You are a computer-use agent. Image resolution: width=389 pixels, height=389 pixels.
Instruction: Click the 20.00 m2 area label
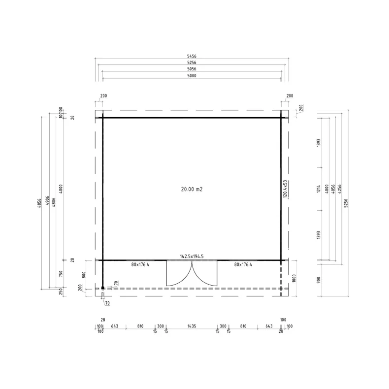pyautogui.click(x=192, y=189)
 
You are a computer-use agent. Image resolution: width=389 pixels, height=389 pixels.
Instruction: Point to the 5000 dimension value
pyautogui.click(x=192, y=76)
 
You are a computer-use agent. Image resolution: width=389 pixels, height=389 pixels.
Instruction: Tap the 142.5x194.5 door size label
pyautogui.click(x=192, y=257)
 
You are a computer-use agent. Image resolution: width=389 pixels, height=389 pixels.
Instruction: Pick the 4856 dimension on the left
pyautogui.click(x=40, y=202)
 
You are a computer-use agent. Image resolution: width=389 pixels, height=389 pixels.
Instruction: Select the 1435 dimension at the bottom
pyautogui.click(x=192, y=326)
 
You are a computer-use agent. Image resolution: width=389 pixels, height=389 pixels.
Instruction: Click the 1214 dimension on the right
pyautogui.click(x=319, y=189)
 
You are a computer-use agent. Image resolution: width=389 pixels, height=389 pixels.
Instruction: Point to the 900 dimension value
pyautogui.click(x=319, y=279)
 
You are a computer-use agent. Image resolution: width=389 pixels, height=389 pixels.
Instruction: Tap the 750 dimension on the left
pyautogui.click(x=61, y=274)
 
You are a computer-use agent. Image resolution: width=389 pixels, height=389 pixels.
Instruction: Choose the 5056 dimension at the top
pyautogui.click(x=192, y=69)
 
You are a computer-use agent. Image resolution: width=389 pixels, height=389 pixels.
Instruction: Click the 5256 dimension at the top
pyautogui.click(x=192, y=63)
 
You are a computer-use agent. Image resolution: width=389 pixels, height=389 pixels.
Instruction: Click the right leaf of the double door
pyautogui.click(x=204, y=273)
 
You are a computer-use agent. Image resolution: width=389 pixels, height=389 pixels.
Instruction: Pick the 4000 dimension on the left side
pyautogui.click(x=61, y=189)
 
